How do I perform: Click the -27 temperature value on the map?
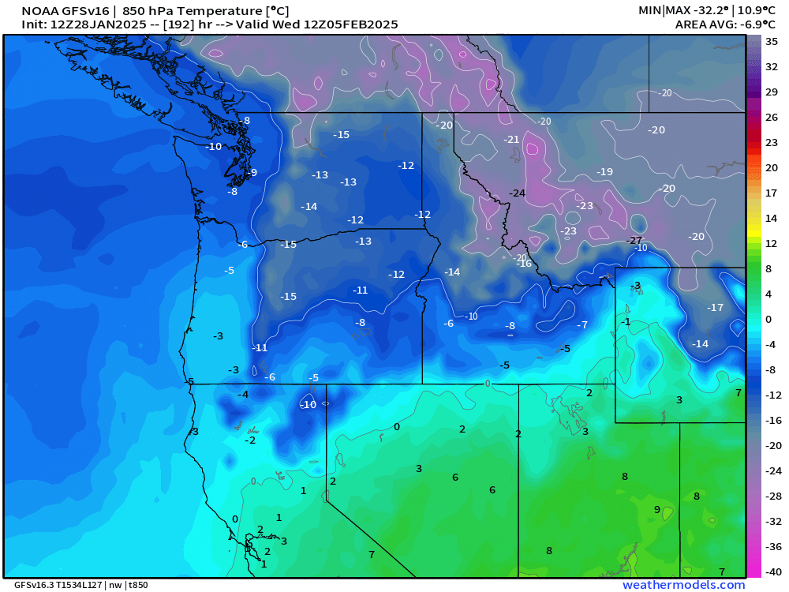point(634,240)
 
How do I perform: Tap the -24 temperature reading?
point(518,193)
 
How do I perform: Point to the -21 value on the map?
point(512,140)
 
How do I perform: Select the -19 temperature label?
point(605,172)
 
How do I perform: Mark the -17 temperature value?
point(715,308)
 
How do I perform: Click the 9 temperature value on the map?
point(656,510)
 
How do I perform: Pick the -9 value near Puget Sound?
point(252,173)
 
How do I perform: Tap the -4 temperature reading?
point(244,395)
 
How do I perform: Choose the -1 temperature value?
point(626,322)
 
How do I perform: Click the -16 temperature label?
point(525,264)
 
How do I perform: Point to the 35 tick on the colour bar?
point(772,41)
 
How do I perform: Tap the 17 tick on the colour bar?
point(772,193)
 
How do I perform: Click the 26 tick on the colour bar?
point(772,117)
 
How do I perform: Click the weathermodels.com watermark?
point(683,585)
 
